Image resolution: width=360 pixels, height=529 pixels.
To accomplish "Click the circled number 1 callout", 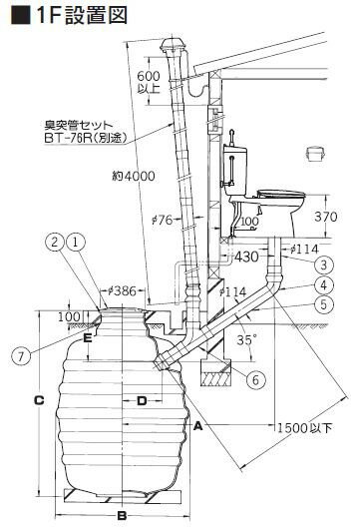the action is pyautogui.click(x=76, y=242).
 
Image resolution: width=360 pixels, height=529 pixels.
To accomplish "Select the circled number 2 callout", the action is pyautogui.click(x=55, y=242).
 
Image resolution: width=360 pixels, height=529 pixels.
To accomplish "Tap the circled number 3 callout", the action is pyautogui.click(x=324, y=264).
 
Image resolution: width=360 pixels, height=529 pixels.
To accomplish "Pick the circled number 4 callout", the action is pyautogui.click(x=324, y=284).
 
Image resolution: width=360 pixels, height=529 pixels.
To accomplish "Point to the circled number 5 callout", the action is pyautogui.click(x=324, y=304).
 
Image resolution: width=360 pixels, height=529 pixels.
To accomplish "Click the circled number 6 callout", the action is pyautogui.click(x=255, y=380).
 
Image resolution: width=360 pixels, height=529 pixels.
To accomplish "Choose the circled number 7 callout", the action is pyautogui.click(x=21, y=355).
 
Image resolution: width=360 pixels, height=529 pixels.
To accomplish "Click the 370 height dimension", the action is pyautogui.click(x=326, y=217).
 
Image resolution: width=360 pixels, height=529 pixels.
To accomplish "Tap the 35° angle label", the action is pyautogui.click(x=244, y=339).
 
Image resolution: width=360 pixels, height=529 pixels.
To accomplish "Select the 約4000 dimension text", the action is pyautogui.click(x=134, y=176).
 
